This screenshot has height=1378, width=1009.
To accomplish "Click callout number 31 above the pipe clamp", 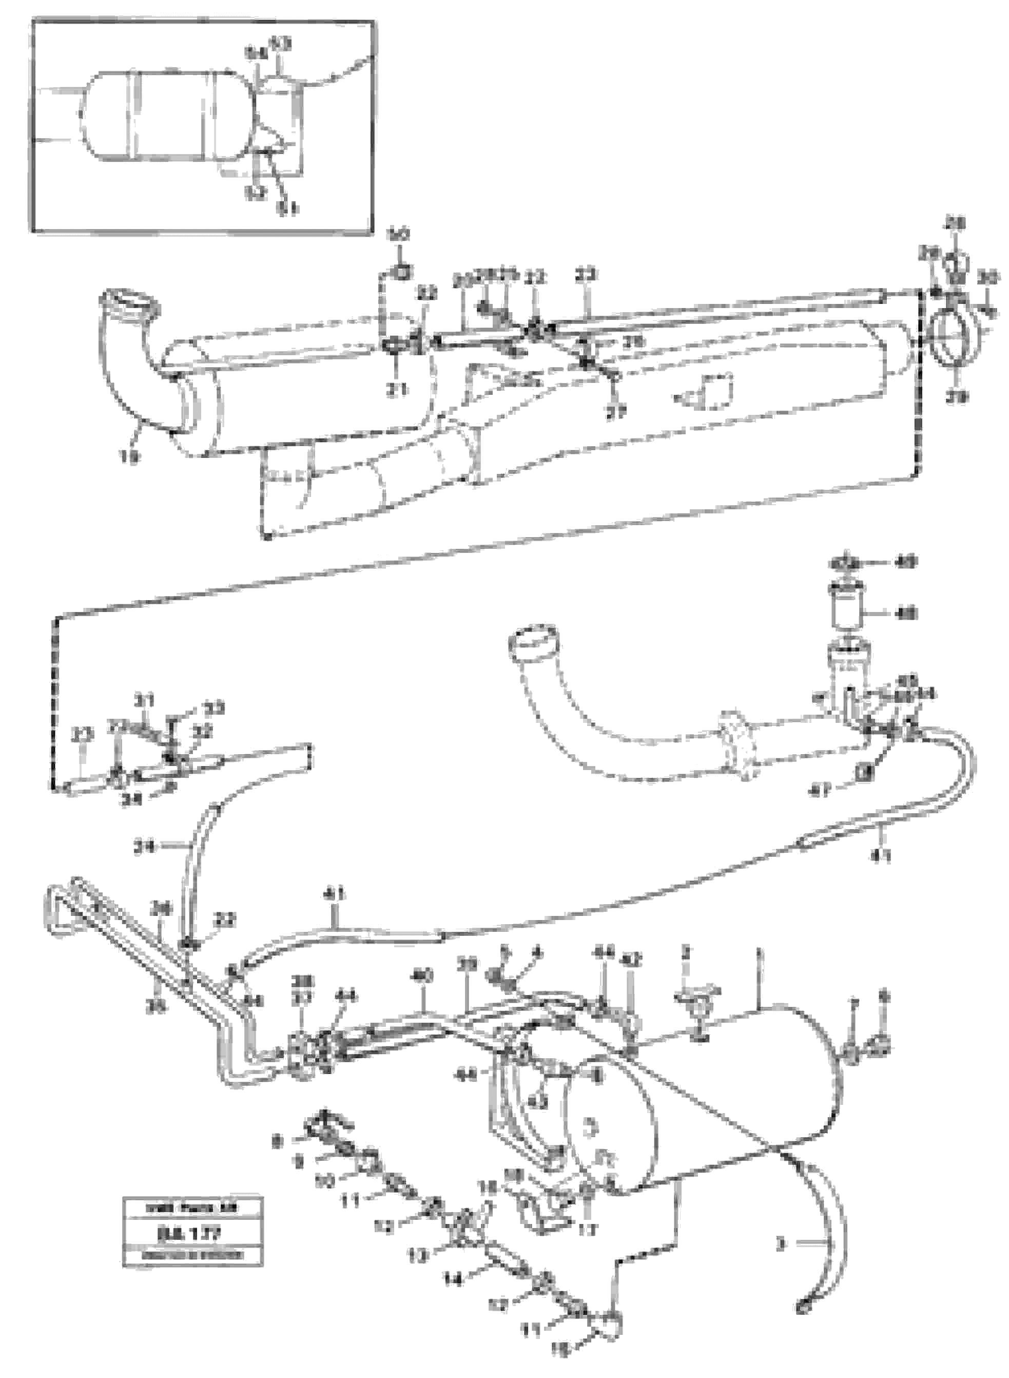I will click(x=145, y=699).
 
